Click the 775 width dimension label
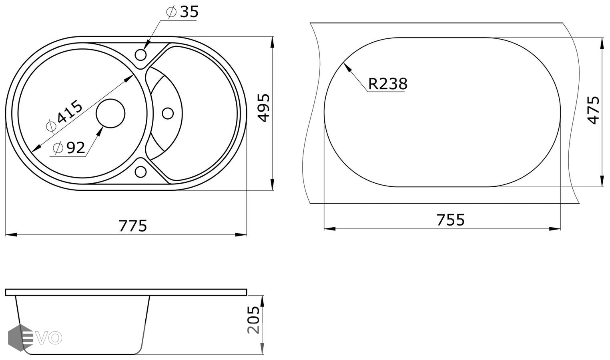(133, 226)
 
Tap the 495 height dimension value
(264, 108)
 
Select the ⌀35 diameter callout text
(182, 12)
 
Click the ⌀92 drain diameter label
(69, 148)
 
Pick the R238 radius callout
(388, 84)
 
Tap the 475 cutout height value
(593, 110)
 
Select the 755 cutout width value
(451, 220)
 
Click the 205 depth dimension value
(253, 320)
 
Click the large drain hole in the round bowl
(110, 113)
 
